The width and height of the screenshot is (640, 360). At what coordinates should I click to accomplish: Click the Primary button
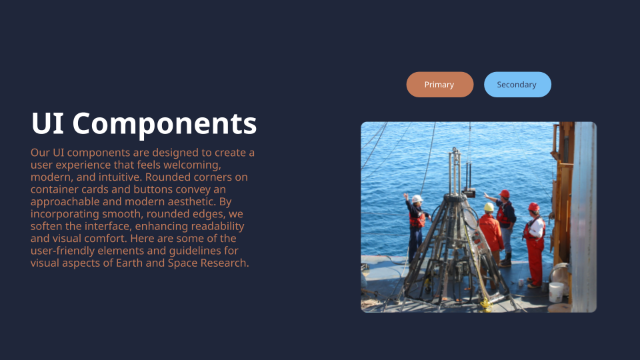click(x=439, y=85)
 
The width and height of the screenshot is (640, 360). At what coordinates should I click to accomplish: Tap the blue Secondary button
click(x=517, y=85)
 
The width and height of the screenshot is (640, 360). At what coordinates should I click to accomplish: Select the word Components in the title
click(x=165, y=124)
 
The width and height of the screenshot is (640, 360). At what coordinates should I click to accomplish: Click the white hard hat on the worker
click(x=417, y=199)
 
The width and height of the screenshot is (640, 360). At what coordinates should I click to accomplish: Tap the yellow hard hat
click(x=489, y=207)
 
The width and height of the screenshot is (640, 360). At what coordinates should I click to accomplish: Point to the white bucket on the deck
click(x=556, y=291)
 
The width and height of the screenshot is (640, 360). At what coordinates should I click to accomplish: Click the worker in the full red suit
click(x=534, y=243)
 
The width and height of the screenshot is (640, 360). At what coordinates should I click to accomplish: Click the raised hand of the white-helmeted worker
click(x=405, y=195)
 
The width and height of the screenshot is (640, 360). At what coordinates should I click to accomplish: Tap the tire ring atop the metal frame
click(x=455, y=200)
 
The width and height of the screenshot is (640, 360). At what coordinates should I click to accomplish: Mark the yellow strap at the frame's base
click(x=485, y=305)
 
